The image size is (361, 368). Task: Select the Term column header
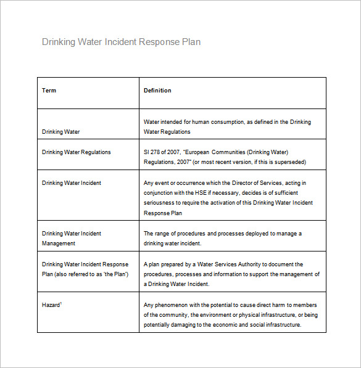(49, 91)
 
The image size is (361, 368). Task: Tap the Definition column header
(157, 91)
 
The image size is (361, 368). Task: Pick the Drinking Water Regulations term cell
(76, 152)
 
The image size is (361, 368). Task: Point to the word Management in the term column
(59, 243)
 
